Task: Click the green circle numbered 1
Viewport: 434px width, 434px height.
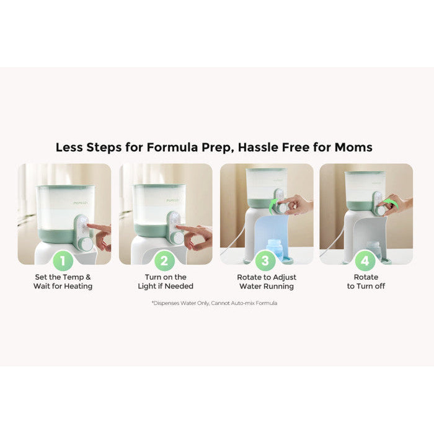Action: pyautogui.click(x=63, y=260)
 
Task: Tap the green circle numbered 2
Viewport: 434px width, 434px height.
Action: pyautogui.click(x=164, y=260)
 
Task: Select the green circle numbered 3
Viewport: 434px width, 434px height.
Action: pyautogui.click(x=265, y=260)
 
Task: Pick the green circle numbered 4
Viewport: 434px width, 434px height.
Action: pyautogui.click(x=365, y=260)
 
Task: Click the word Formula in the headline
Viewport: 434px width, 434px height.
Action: pyautogui.click(x=172, y=148)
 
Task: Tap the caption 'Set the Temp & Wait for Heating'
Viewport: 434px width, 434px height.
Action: pyautogui.click(x=63, y=281)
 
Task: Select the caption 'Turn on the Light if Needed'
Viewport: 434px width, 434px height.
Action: pyautogui.click(x=166, y=281)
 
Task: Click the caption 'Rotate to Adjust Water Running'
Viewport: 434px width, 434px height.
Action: pyautogui.click(x=267, y=281)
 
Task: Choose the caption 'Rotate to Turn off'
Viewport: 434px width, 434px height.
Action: pyautogui.click(x=366, y=281)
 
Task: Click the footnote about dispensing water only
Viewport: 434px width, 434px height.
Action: pyautogui.click(x=215, y=303)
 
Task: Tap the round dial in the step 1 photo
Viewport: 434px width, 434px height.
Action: pyautogui.click(x=86, y=244)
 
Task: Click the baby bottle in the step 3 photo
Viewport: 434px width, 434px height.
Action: pyautogui.click(x=274, y=250)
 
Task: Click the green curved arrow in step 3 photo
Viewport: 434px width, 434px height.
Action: pyautogui.click(x=273, y=204)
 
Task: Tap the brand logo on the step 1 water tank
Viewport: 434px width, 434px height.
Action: pyautogui.click(x=81, y=203)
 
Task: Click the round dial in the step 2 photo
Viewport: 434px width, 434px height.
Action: pyautogui.click(x=177, y=237)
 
